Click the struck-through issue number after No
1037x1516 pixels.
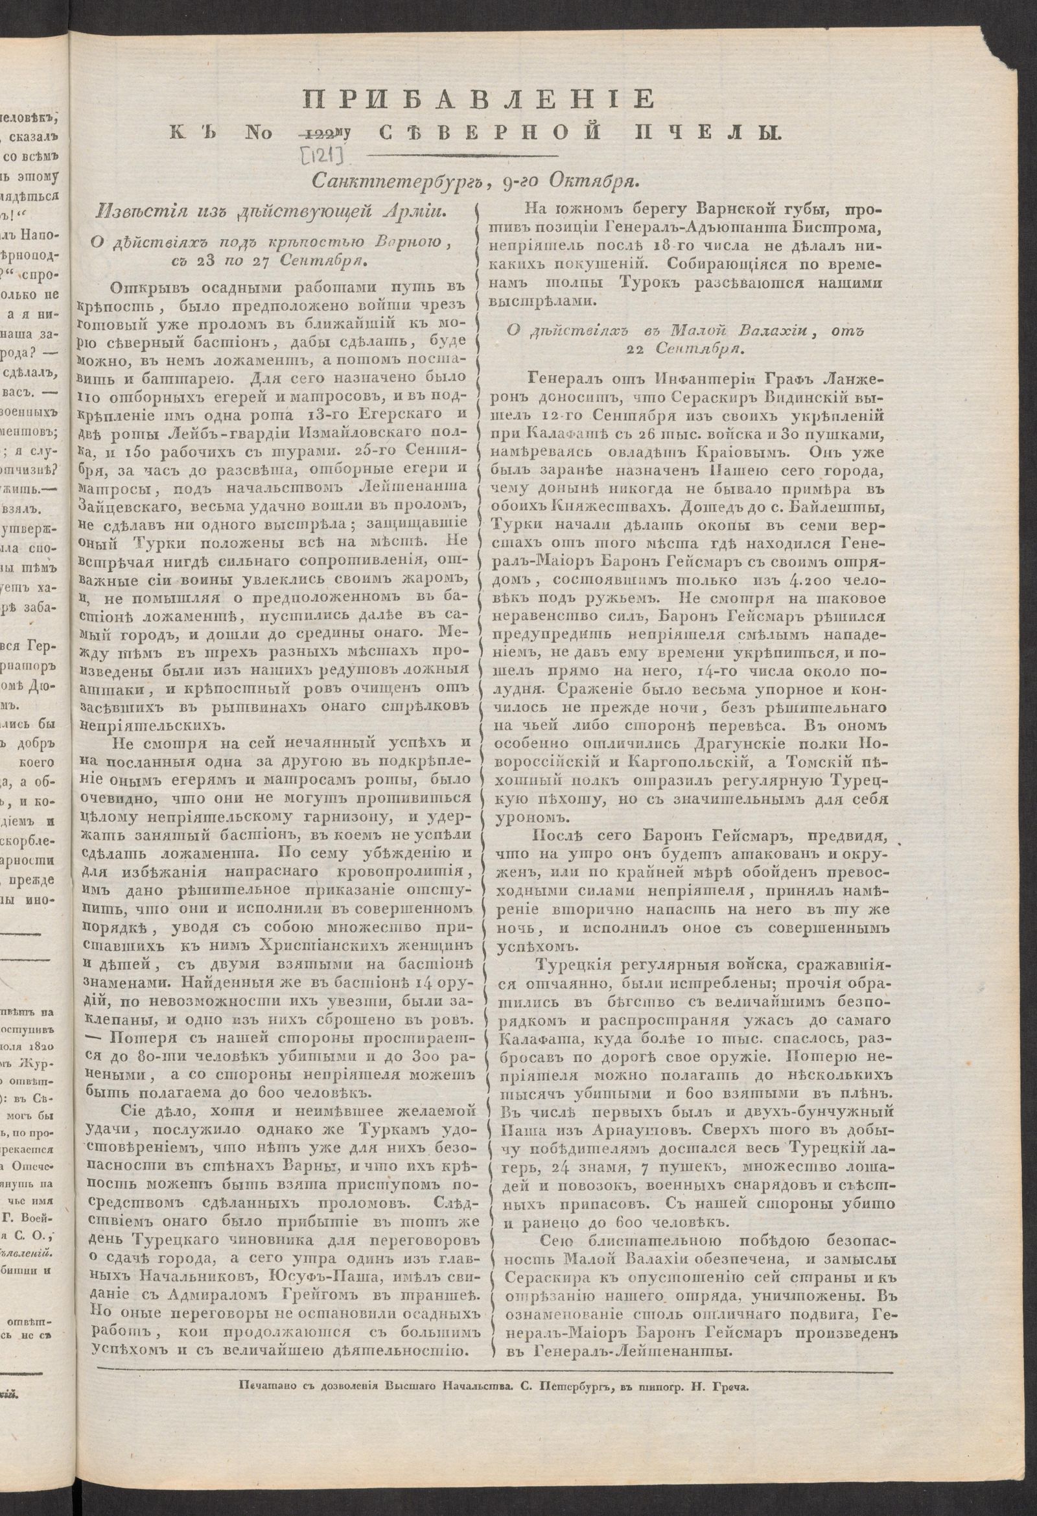coord(315,134)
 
